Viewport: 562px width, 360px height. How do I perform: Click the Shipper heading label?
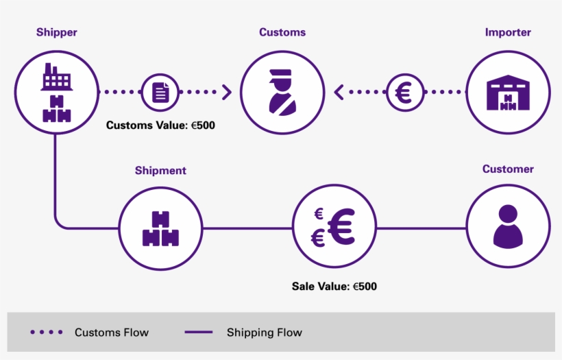click(56, 32)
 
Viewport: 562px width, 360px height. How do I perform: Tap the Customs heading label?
click(282, 32)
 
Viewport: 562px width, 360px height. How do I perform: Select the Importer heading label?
click(508, 32)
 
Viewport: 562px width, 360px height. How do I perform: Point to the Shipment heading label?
click(160, 171)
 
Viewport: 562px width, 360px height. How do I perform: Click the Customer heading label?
click(508, 169)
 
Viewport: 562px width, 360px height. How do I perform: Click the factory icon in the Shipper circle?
click(56, 77)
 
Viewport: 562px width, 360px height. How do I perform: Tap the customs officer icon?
click(282, 92)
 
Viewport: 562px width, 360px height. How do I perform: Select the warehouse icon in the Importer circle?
click(508, 92)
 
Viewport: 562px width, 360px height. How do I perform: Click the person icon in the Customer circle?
click(508, 226)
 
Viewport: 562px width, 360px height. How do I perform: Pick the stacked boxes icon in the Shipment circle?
click(160, 228)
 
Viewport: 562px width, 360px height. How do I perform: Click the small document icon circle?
click(160, 92)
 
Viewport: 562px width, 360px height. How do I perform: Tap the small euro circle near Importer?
click(405, 92)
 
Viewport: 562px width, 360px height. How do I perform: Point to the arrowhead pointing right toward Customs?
click(227, 92)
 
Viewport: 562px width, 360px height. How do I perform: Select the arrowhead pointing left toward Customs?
click(339, 92)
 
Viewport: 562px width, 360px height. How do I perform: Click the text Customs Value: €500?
click(160, 125)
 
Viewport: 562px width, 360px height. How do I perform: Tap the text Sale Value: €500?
click(334, 286)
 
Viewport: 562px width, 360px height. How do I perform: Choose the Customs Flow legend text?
click(111, 333)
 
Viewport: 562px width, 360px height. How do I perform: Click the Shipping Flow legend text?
click(264, 333)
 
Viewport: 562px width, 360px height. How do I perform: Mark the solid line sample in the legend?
click(199, 333)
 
